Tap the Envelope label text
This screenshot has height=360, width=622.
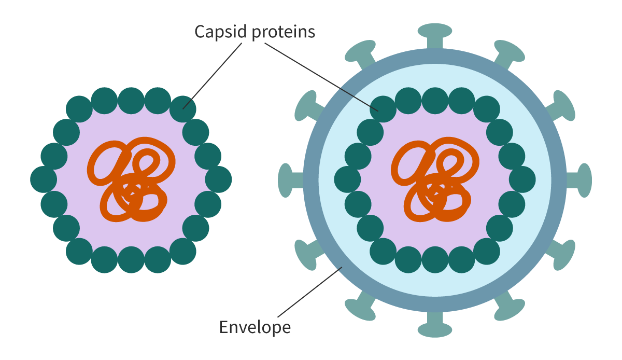(255, 328)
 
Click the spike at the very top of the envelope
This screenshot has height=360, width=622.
(435, 36)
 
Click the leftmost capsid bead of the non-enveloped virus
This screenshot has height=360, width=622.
(44, 179)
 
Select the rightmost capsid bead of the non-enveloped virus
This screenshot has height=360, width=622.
(218, 179)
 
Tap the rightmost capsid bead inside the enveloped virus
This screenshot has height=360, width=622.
(522, 179)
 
